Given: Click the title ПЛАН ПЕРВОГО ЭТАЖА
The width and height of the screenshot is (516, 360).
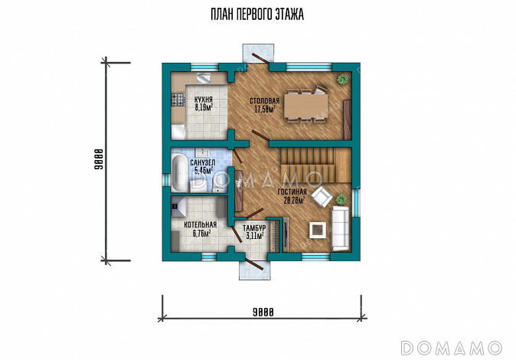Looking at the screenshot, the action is pos(257,15).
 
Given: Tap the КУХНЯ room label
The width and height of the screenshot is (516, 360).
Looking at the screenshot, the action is pos(203,100).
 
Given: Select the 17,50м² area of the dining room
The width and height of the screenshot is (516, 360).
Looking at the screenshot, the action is pos(264,109).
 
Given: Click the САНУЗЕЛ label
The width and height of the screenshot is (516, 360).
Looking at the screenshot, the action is pos(203,162).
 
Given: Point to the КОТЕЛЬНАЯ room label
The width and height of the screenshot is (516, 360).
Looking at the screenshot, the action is pos(201,225).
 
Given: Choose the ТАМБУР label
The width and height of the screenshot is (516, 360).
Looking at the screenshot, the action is pos(254,228).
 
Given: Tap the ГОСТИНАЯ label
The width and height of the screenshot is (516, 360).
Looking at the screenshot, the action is pos(292,192).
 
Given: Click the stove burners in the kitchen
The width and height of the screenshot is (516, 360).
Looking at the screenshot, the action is pos(178,100).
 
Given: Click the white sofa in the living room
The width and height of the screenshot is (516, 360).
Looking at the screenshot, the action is pos(340,227).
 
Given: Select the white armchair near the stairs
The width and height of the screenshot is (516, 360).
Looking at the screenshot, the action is pos(322,197).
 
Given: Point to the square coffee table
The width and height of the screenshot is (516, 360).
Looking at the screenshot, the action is pos(317,230).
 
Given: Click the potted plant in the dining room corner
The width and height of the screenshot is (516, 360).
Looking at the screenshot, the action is pos(342,79).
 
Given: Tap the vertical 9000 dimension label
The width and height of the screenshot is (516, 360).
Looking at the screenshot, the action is pos(99,159).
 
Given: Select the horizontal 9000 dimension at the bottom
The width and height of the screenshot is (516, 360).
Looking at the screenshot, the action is pos(263,312).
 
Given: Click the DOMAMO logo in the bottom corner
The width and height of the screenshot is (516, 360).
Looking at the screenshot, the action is pos(451,348).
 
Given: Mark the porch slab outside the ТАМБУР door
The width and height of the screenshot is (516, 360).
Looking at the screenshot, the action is pos(255,270).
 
